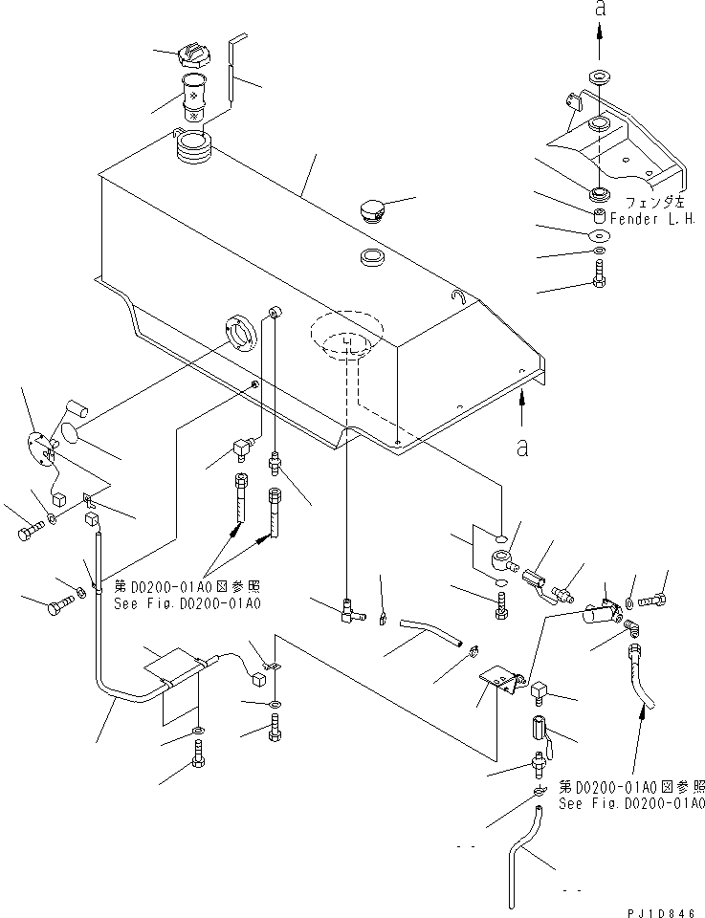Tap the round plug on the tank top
click(x=373, y=209)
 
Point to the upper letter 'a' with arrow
click(x=600, y=11)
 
